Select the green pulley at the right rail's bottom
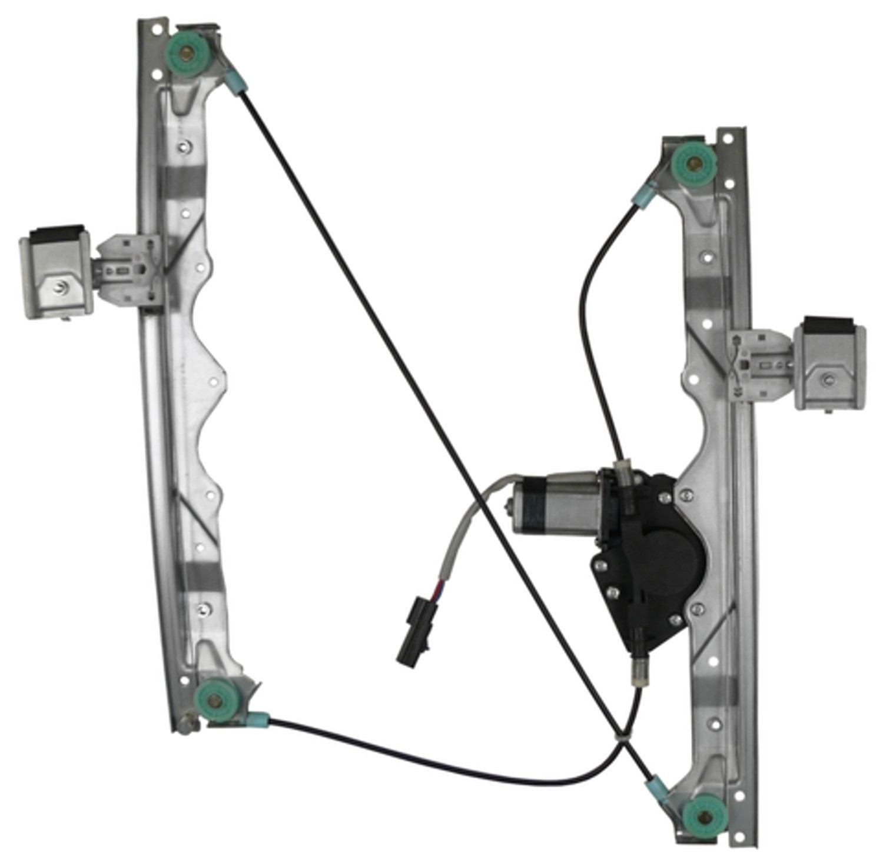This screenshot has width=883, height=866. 705,815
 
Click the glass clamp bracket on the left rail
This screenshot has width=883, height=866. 56,271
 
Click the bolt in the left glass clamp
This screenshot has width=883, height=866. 61,288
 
